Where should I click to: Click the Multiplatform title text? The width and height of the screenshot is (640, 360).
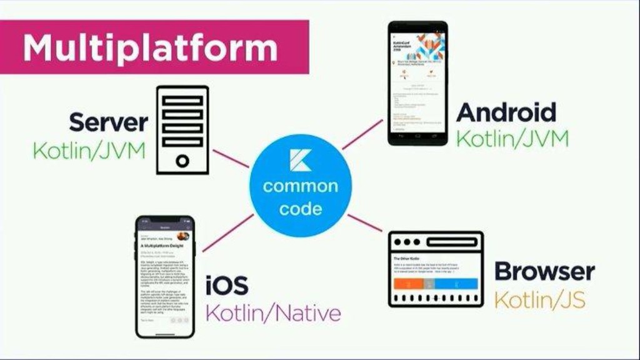coord(150,47)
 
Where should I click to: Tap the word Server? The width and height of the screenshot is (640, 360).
coord(108,122)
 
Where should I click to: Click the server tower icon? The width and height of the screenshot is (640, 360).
coord(182,129)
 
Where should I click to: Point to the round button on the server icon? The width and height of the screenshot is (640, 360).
coord(182,161)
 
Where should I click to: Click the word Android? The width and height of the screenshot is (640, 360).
coord(506,112)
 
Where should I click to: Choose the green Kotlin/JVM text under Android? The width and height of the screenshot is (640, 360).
coord(512,139)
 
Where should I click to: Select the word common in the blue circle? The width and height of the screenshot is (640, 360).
coord(300,186)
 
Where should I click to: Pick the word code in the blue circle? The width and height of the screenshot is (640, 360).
coord(300,209)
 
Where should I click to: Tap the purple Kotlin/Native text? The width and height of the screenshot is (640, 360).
coord(273,312)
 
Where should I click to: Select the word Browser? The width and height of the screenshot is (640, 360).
coord(544,272)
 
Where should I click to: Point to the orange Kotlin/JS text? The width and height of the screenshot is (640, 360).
coord(540,299)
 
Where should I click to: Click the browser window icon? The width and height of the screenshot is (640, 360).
coord(436,269)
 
